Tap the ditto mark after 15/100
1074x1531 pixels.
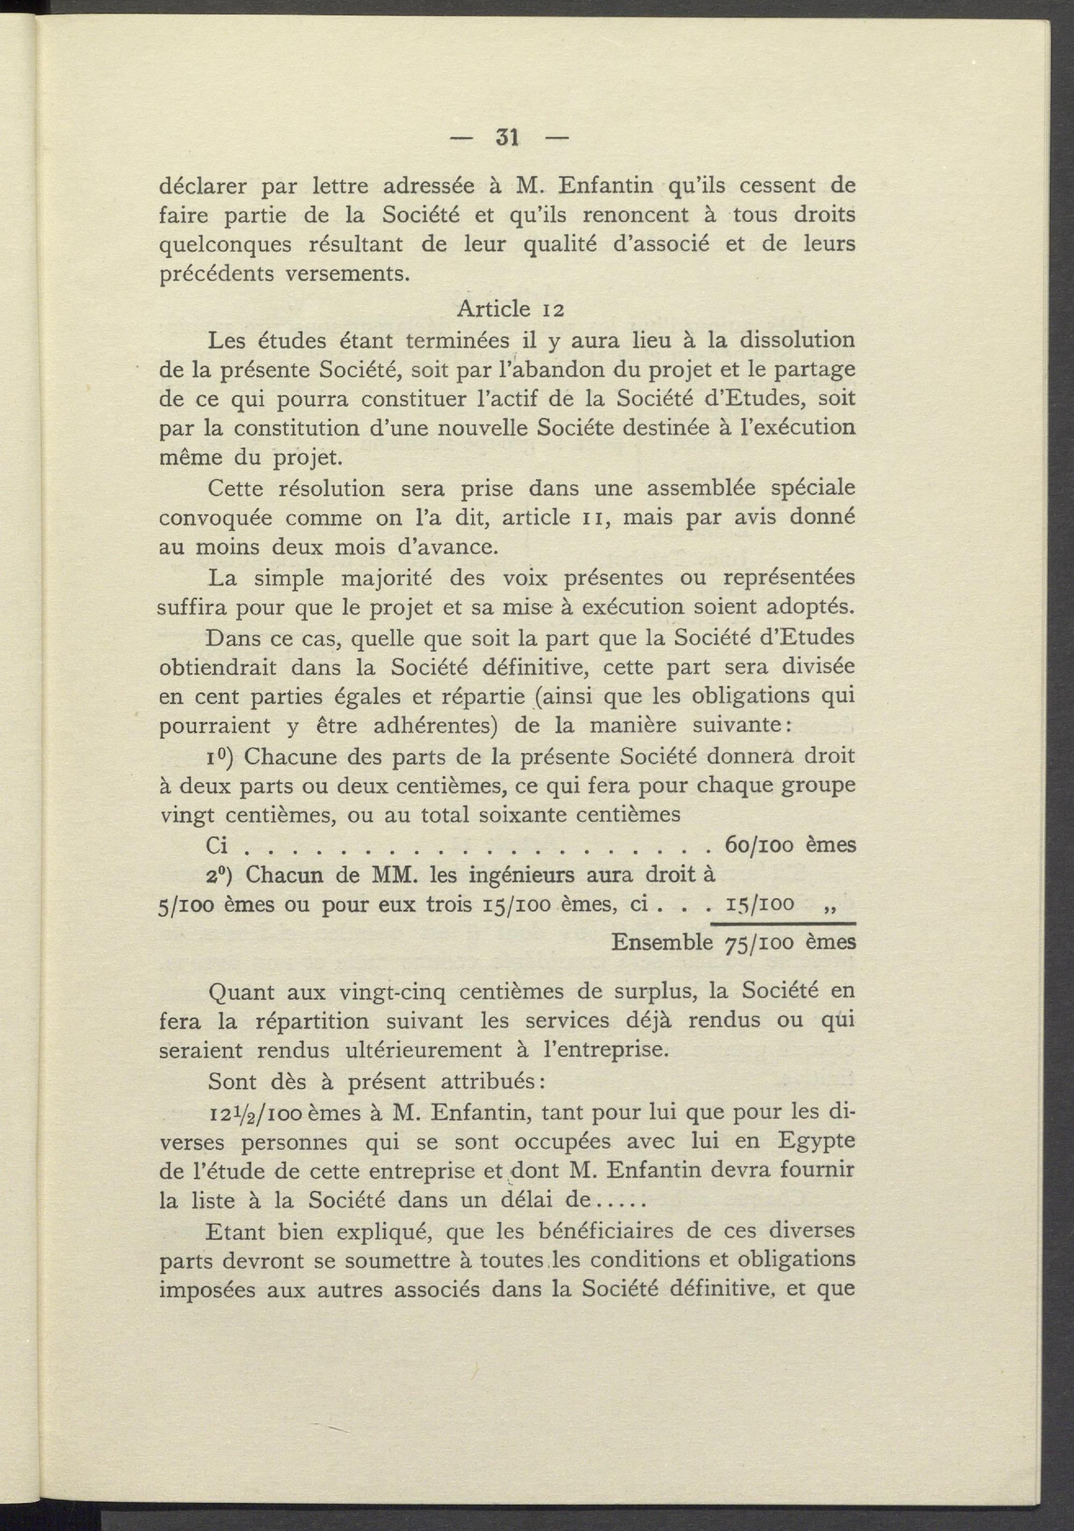coord(831,906)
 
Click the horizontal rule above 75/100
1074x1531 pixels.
coord(783,923)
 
